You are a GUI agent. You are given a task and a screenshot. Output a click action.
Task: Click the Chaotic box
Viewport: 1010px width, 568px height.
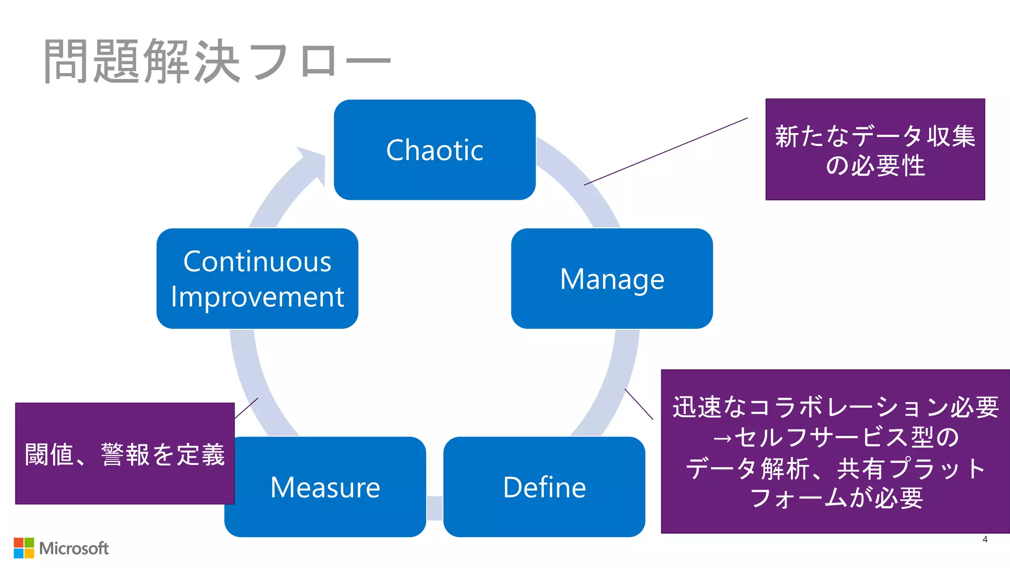pos(434,150)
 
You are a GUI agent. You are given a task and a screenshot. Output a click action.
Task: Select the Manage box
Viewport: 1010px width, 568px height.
pos(612,279)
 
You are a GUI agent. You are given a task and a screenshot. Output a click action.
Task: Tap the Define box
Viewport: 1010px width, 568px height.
pos(544,487)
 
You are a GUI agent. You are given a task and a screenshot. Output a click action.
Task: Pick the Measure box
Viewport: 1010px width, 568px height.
pos(325,487)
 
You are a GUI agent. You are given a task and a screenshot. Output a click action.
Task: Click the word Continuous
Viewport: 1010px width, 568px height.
pos(257,261)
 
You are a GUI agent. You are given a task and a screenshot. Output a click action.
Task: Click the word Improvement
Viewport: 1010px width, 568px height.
pos(257,297)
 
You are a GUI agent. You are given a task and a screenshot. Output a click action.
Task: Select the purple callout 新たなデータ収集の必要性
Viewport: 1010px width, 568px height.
pos(874,149)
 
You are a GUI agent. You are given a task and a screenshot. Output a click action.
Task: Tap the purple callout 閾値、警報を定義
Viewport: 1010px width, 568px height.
pos(125,454)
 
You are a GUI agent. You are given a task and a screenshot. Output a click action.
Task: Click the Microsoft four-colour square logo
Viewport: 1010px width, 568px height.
pos(24,548)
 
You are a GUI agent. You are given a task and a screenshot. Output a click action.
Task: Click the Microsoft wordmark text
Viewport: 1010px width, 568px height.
pos(74,548)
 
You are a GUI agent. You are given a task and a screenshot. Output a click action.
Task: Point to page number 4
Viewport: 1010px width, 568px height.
pos(984,539)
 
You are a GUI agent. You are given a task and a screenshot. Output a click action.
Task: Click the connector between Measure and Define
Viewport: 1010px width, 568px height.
pos(434,508)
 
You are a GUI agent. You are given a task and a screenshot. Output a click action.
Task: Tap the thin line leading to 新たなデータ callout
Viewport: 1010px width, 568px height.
pos(666,151)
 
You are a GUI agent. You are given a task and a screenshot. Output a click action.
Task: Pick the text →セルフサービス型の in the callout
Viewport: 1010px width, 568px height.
pos(835,437)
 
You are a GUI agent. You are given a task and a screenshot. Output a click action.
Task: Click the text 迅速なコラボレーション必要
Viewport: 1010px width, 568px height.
pos(835,407)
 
